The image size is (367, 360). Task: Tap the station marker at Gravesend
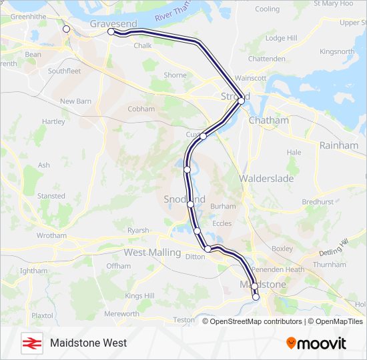(x=111, y=31)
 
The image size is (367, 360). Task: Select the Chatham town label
(x=268, y=121)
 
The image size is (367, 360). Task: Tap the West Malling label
(x=152, y=252)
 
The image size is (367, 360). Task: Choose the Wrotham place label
(x=51, y=235)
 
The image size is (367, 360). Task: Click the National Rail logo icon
(x=30, y=343)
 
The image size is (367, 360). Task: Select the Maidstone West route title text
(x=88, y=343)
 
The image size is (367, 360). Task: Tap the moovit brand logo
(x=316, y=343)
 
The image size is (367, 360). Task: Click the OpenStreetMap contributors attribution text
(x=252, y=321)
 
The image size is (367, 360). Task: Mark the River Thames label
(x=172, y=12)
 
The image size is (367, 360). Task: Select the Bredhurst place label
(x=317, y=201)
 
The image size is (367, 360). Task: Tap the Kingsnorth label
(x=337, y=51)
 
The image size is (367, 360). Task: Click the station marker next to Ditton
(x=208, y=249)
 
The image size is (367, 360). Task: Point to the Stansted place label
(x=51, y=196)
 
